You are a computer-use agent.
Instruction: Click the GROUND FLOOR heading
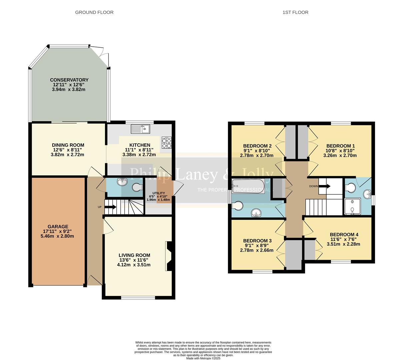(94, 12)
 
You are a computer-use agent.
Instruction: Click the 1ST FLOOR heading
(295, 12)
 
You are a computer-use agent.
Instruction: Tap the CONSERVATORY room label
(69, 80)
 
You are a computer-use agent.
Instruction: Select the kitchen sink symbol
(141, 129)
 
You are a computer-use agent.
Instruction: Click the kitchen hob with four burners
(167, 143)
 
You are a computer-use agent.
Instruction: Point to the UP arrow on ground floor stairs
(110, 207)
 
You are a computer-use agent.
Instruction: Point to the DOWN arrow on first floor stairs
(325, 186)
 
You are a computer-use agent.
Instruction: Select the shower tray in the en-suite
(352, 207)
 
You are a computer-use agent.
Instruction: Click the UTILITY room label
(159, 193)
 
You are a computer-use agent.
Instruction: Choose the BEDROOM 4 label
(344, 235)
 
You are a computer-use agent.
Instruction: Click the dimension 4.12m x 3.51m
(134, 265)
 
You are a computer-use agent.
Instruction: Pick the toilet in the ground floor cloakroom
(137, 188)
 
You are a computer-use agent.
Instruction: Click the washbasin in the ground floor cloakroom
(122, 182)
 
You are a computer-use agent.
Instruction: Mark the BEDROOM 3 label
(257, 241)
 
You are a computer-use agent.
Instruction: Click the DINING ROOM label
(68, 145)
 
